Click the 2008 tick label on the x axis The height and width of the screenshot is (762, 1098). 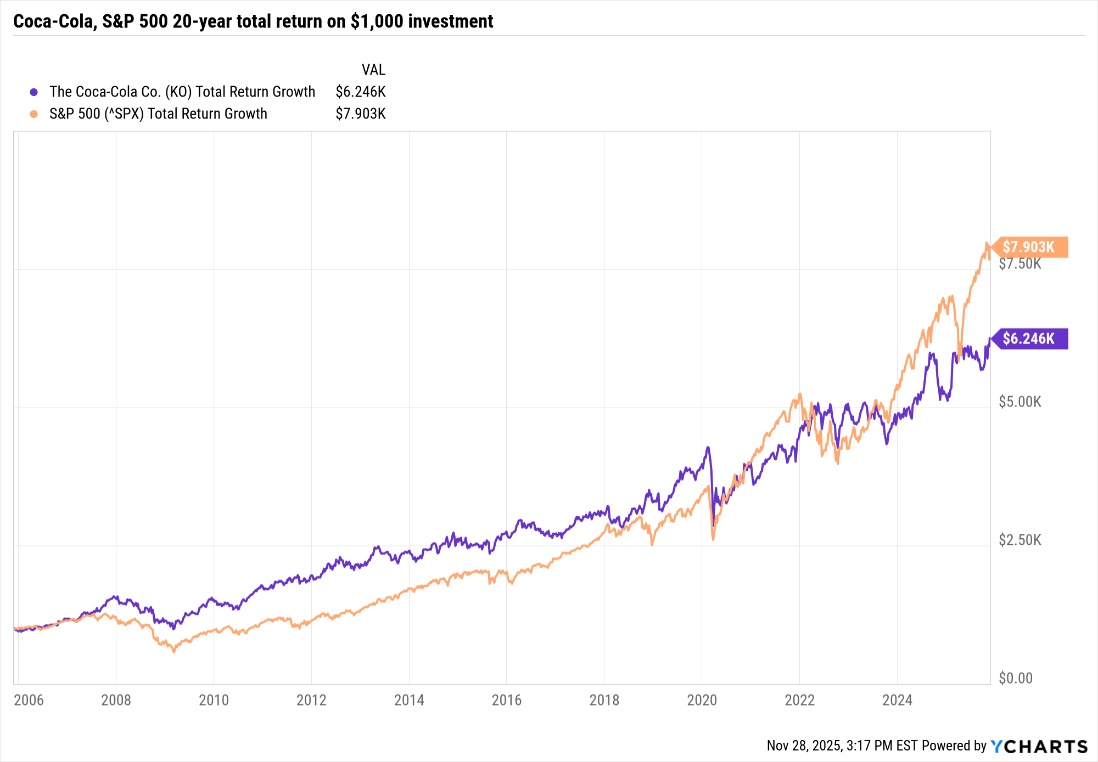click(116, 700)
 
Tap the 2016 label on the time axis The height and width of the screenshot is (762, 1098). click(506, 700)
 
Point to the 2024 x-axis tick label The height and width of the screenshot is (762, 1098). click(897, 700)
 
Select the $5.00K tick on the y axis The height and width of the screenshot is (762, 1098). click(1019, 402)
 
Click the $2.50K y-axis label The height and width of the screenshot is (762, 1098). click(1019, 540)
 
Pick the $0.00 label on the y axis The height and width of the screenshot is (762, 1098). click(1015, 679)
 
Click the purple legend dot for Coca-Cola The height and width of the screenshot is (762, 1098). click(34, 92)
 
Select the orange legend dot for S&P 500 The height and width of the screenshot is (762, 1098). click(34, 114)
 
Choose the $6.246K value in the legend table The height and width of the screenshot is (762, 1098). click(361, 92)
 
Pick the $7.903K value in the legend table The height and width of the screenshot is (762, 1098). click(361, 114)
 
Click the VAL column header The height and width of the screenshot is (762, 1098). click(373, 70)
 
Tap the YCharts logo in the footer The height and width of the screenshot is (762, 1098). click(1039, 746)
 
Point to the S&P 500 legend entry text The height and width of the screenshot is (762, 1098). click(158, 114)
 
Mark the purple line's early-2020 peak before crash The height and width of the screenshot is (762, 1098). click(708, 448)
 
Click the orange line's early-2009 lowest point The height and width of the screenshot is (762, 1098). click(174, 652)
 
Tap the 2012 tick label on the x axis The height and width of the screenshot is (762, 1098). click(311, 700)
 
